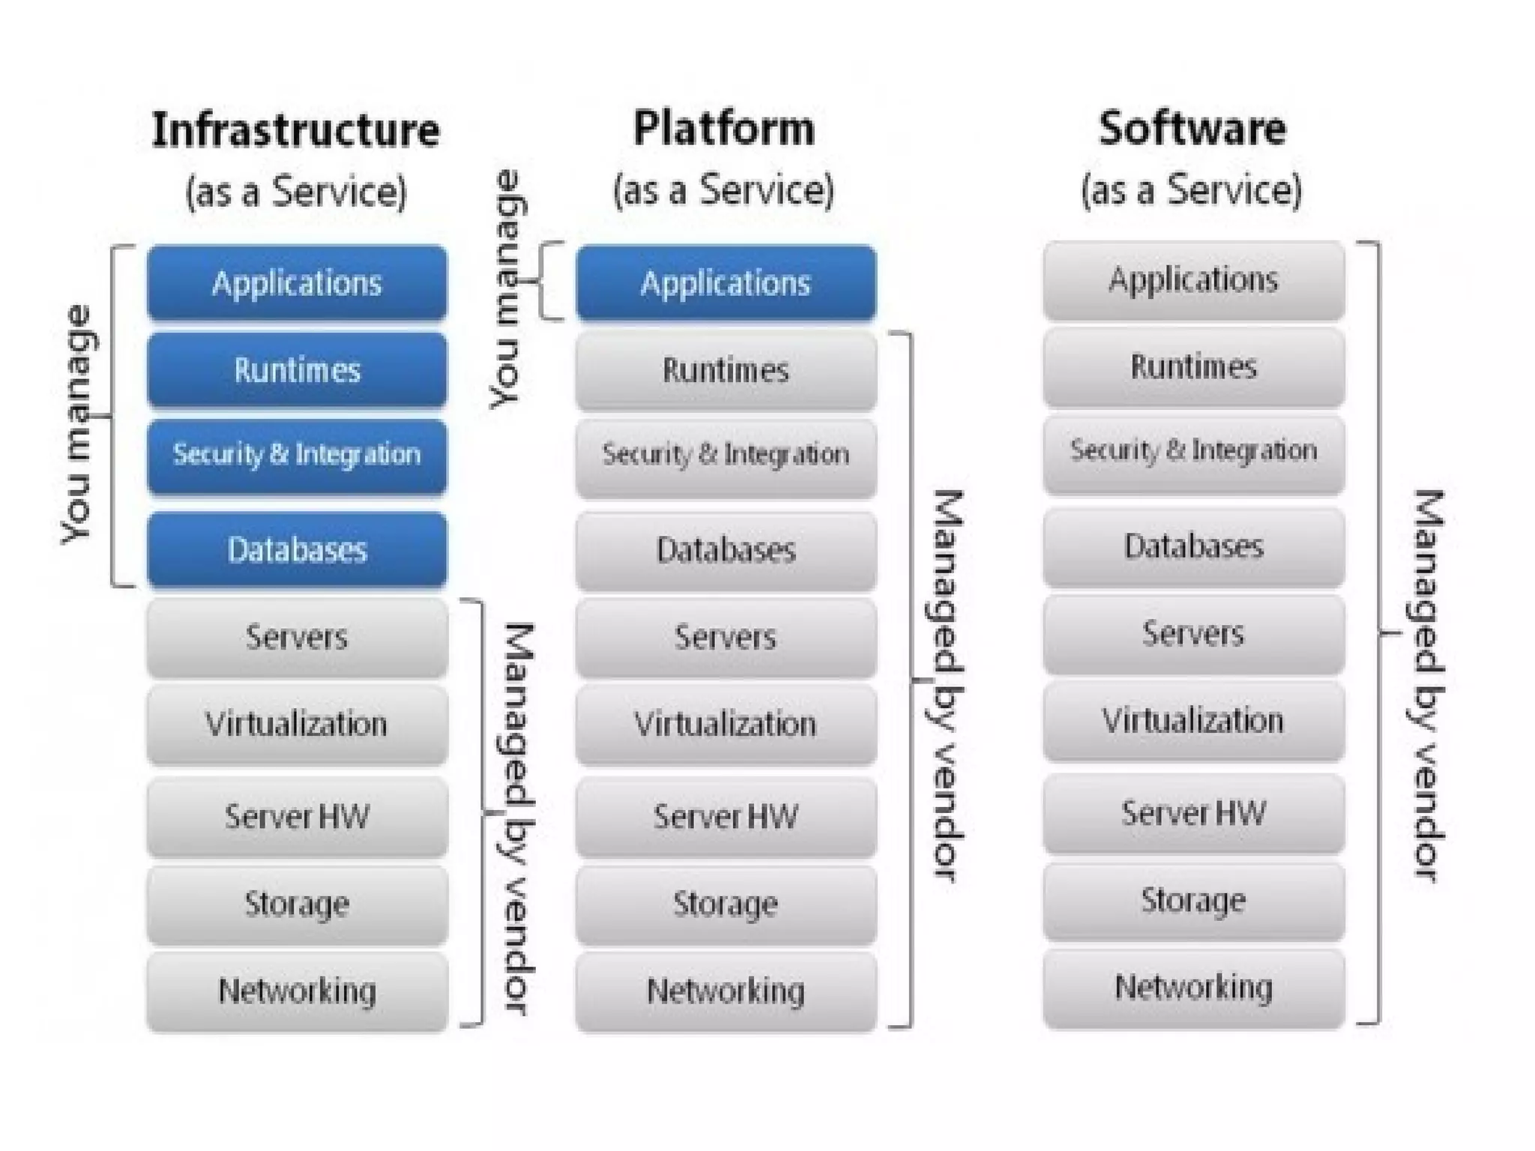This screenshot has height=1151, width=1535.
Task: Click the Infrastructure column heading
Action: point(296,130)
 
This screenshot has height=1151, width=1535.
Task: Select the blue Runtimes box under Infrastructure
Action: point(298,370)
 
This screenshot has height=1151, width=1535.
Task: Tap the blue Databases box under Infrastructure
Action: point(298,549)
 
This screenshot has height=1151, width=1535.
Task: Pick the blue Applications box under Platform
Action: point(726,283)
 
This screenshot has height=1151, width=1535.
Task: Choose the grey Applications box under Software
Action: point(1193,280)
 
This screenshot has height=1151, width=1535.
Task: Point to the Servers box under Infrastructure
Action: point(298,638)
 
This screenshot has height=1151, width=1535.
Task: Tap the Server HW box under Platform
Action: point(726,817)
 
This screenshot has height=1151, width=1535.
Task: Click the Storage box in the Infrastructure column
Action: point(298,904)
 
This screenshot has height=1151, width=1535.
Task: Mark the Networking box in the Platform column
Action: point(726,991)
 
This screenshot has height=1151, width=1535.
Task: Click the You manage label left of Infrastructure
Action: point(78,424)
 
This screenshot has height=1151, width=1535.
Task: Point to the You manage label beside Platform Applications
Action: point(507,289)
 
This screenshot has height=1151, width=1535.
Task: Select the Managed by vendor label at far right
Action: point(1428,686)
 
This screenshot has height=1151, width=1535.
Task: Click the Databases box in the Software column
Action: point(1193,546)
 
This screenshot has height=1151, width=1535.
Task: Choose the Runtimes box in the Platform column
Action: point(726,370)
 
